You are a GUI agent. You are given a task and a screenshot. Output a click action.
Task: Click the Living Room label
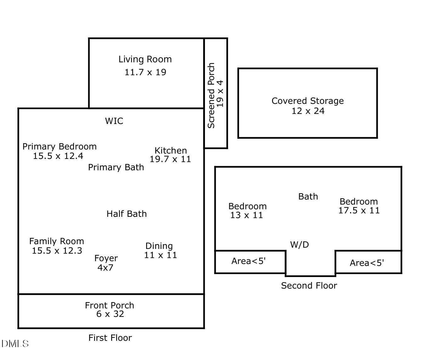click(x=145, y=59)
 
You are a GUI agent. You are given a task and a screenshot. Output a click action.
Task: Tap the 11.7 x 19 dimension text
click(x=145, y=72)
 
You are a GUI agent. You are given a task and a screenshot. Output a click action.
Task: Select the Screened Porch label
click(x=211, y=96)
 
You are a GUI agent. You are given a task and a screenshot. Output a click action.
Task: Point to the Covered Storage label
click(x=308, y=101)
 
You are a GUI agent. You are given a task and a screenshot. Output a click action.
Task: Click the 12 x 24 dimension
click(x=308, y=111)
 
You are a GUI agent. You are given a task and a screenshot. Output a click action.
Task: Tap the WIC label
click(x=114, y=121)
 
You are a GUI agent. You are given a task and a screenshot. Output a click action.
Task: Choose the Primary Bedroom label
click(x=60, y=147)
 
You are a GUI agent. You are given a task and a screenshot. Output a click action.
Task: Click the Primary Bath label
click(x=116, y=167)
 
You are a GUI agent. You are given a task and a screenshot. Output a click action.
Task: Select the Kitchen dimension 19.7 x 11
click(x=170, y=159)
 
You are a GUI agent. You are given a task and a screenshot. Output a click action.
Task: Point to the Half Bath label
click(x=127, y=214)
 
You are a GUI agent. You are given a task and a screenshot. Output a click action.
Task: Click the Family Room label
click(x=57, y=241)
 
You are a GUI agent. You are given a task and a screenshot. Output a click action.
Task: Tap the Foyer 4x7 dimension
click(x=105, y=268)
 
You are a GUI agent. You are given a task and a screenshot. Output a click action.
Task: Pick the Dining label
click(x=159, y=246)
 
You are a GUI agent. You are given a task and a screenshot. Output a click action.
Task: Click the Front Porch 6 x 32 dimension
click(x=110, y=314)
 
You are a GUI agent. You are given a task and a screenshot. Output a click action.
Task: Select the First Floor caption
click(x=110, y=338)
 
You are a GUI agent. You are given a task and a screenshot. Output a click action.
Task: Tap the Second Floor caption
click(x=309, y=285)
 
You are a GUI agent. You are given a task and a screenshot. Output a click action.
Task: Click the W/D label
click(x=299, y=245)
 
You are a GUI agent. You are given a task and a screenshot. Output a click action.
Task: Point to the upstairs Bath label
click(x=308, y=197)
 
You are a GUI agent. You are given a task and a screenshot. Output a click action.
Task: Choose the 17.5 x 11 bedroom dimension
click(x=359, y=211)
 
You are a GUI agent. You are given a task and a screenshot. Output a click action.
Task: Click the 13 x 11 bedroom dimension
click(x=247, y=215)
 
